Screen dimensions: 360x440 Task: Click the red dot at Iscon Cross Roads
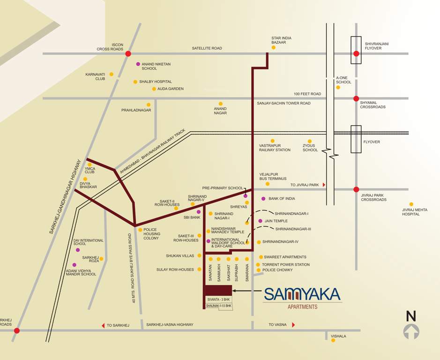(128, 54)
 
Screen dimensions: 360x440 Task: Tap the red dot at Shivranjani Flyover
(356, 54)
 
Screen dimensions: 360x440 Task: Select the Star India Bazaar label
(281, 40)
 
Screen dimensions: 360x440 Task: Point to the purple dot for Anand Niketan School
(138, 64)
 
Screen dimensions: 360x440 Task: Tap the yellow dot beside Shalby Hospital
(135, 82)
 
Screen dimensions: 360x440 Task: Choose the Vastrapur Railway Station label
(275, 148)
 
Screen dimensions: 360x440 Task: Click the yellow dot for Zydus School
(309, 141)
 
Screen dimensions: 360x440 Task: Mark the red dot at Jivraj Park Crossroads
(356, 189)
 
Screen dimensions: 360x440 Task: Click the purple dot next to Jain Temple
(260, 221)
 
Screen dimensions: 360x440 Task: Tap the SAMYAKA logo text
(302, 294)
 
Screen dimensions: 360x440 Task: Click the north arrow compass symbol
(411, 327)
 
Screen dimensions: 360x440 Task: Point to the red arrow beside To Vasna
(293, 325)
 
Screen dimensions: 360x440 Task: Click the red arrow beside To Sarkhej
(103, 325)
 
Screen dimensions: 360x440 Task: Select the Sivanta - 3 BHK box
(219, 299)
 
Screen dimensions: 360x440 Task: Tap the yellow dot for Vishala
(333, 340)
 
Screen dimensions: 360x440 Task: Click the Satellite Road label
(207, 48)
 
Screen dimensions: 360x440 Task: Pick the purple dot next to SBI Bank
(199, 212)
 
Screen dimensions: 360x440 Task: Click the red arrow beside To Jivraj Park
(323, 185)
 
